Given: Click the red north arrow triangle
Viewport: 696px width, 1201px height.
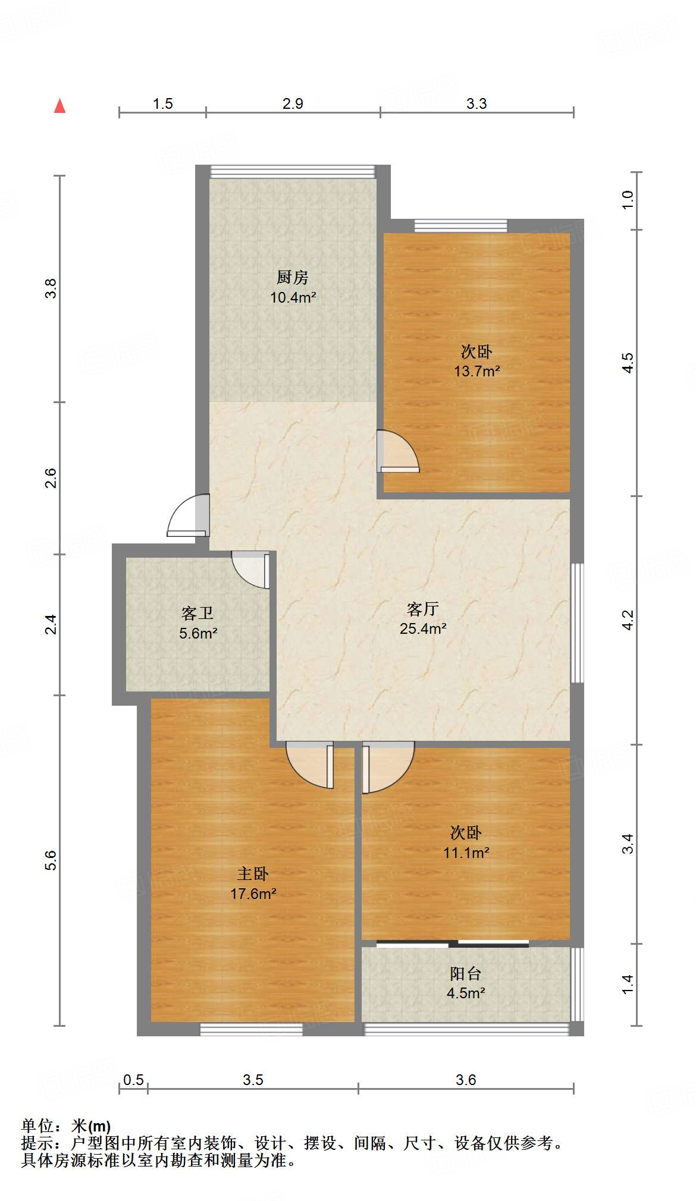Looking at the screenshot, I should pos(59,106).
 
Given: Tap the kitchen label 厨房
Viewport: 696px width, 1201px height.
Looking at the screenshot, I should pos(293,277).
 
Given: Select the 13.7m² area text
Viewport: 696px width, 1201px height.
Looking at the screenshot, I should pos(476,372).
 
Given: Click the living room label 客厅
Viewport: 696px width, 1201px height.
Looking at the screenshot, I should pos(423,609).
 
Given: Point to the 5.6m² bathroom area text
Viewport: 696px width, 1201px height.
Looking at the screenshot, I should pos(198,634).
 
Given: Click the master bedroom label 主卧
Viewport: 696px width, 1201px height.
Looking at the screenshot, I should pos(253,873).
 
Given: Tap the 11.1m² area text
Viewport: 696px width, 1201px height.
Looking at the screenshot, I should pos(466,853).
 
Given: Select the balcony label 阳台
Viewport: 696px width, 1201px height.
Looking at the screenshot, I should pos(465,973).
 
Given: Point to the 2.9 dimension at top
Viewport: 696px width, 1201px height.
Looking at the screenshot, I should pos(293,104).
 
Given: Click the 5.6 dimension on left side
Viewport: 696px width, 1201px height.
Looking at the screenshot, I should pos(51,860).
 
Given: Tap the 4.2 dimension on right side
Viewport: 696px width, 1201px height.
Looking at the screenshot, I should pos(628,620).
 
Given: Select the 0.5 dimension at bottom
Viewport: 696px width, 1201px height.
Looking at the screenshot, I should pos(133,1080).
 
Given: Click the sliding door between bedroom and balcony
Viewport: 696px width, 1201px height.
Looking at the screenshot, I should pos(452,944).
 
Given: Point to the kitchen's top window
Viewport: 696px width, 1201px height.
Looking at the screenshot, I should pos(293,172).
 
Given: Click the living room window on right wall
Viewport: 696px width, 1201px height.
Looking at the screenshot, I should pos(576,622).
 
